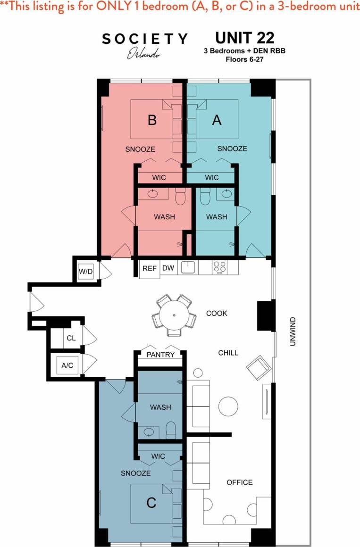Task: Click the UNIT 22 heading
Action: [244, 38]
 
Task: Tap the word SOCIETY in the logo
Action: [145, 39]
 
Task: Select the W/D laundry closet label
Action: [85, 272]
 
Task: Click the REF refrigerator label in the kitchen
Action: [149, 268]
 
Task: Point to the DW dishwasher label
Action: [168, 268]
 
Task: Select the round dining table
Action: [174, 315]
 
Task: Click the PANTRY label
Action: [160, 355]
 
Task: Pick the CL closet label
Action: [71, 338]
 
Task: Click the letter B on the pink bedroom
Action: [152, 120]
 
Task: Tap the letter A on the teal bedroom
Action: [217, 120]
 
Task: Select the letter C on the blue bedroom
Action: [151, 503]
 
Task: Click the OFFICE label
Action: [239, 482]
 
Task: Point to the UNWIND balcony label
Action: [293, 332]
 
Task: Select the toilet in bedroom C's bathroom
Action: [171, 430]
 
